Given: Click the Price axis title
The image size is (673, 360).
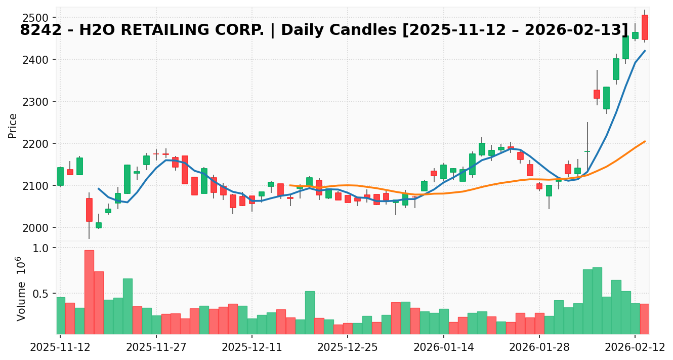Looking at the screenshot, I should [x=13, y=126].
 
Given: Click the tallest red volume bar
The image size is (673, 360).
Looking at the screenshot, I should [x=89, y=292].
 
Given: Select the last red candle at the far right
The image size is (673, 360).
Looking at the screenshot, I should [x=645, y=27].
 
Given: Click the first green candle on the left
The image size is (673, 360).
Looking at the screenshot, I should [x=60, y=176].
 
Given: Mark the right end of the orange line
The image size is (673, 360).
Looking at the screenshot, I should [x=645, y=141].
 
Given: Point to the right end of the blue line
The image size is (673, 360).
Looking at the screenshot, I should [x=645, y=51].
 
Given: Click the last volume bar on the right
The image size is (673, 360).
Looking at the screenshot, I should [x=645, y=319].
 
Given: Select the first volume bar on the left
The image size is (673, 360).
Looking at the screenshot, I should [x=60, y=315].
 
